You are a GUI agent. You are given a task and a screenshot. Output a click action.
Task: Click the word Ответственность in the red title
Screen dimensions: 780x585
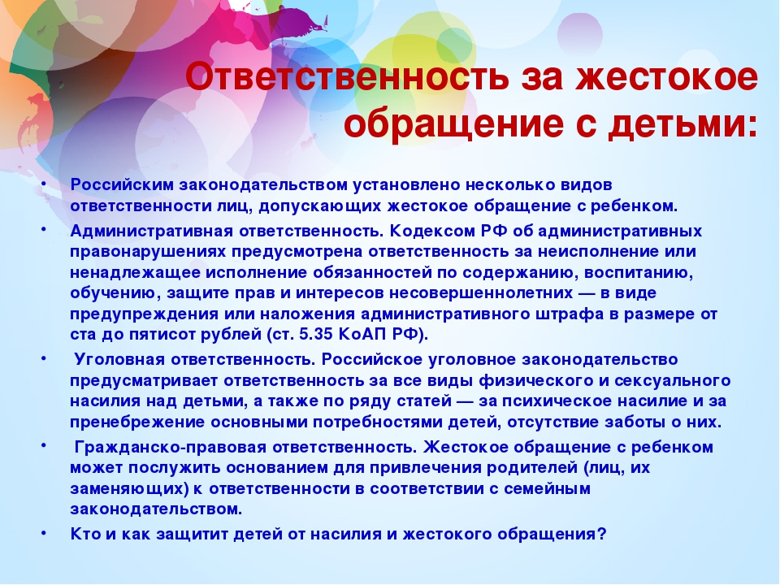pyautogui.click(x=347, y=78)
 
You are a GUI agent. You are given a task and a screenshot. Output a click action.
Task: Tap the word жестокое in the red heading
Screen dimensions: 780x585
pyautogui.click(x=666, y=78)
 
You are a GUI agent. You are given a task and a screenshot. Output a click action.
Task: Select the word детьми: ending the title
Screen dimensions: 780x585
pyautogui.click(x=683, y=123)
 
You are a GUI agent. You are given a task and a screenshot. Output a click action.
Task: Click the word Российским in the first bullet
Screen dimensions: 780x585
pyautogui.click(x=123, y=185)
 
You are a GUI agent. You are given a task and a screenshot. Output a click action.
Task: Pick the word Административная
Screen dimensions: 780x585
pyautogui.click(x=152, y=232)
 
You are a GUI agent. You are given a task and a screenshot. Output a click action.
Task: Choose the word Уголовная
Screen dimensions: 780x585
pyautogui.click(x=119, y=360)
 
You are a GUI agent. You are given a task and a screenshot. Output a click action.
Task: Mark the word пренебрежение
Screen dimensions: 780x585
pyautogui.click(x=138, y=422)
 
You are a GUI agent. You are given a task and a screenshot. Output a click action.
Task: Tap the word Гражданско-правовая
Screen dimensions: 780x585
pyautogui.click(x=170, y=447)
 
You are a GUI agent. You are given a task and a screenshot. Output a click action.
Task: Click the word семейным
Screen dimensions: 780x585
pyautogui.click(x=547, y=489)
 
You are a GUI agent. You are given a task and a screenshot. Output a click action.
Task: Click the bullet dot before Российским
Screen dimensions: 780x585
pyautogui.click(x=44, y=183)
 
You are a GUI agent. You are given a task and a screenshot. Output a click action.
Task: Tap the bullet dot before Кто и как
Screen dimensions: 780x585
pyautogui.click(x=44, y=532)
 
